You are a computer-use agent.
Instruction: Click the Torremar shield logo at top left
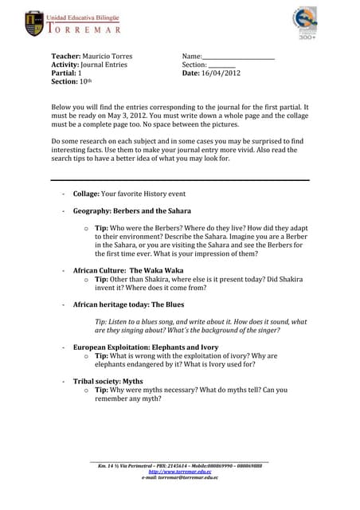pos(35,23)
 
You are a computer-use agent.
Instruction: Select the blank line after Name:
pos(238,57)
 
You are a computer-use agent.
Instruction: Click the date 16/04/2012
pos(221,73)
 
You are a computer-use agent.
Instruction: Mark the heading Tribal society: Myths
pos(108,381)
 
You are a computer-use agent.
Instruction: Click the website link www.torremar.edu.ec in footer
pos(180,471)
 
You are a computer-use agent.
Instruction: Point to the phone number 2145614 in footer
pos(174,465)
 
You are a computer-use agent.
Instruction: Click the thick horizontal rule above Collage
pos(180,181)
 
